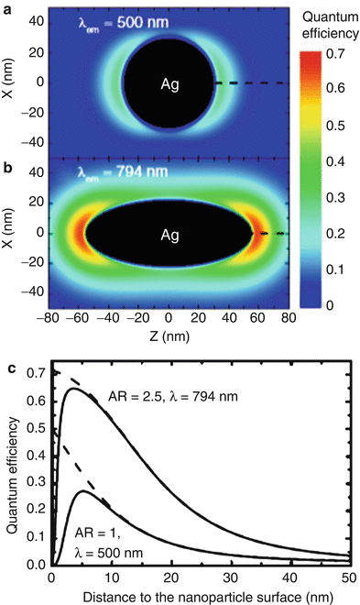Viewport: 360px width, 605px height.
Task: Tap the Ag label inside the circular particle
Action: pos(168,84)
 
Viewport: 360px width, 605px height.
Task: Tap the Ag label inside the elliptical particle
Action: pos(168,236)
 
